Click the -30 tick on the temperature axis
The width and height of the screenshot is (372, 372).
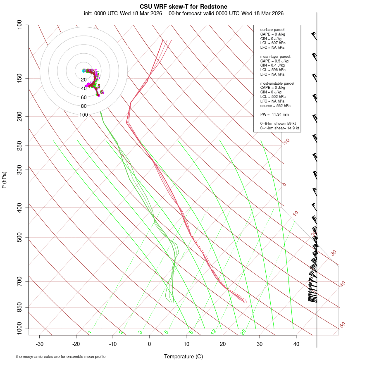(x=40, y=344)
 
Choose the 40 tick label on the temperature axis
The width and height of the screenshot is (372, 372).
(x=296, y=344)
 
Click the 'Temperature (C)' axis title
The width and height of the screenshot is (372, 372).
(x=183, y=356)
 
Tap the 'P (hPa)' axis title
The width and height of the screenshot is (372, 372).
(x=4, y=180)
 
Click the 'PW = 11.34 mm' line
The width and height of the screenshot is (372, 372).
(x=274, y=114)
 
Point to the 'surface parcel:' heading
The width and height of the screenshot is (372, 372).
(x=273, y=30)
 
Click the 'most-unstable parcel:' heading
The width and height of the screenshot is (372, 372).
(x=278, y=83)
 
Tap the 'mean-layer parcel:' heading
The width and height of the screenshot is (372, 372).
(x=276, y=56)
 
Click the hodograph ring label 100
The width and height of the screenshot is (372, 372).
(x=84, y=115)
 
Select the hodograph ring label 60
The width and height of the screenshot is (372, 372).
(x=84, y=98)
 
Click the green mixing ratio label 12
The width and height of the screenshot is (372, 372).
(x=214, y=331)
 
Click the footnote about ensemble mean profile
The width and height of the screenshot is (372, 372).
(x=61, y=356)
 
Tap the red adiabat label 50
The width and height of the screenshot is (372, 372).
(x=342, y=325)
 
